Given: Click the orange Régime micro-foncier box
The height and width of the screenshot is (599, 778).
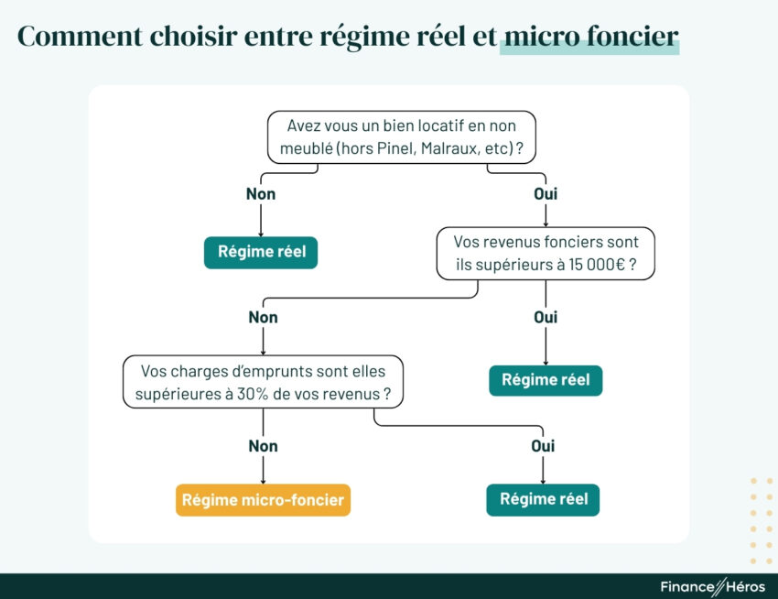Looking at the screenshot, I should [263, 500].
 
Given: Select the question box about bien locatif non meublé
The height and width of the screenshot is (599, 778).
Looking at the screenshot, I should [401, 137].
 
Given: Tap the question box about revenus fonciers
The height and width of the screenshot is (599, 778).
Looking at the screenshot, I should [546, 253].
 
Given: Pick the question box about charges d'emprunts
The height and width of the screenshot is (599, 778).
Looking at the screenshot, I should [263, 382].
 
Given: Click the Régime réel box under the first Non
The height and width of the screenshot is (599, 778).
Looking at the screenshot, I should [261, 252].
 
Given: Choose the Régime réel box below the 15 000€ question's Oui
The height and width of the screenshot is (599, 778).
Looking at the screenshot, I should [546, 380].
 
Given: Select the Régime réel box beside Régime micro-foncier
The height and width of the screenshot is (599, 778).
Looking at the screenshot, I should [543, 500].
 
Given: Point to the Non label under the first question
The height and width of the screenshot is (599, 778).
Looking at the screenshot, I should [261, 194].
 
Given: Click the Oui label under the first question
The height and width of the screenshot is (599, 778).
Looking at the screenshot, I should [546, 194].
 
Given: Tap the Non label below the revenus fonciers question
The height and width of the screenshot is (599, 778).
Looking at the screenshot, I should [263, 318].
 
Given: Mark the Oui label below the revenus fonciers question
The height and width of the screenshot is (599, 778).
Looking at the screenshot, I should [546, 318].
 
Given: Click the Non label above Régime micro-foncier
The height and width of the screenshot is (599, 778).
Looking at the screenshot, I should [263, 446].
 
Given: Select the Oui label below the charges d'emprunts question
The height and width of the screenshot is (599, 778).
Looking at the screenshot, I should [543, 446].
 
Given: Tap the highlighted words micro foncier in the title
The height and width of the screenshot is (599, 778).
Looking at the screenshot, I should [590, 37].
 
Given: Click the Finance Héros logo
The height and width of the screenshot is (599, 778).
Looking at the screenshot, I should [712, 586].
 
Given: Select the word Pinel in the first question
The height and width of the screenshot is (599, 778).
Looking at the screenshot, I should [395, 148].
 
